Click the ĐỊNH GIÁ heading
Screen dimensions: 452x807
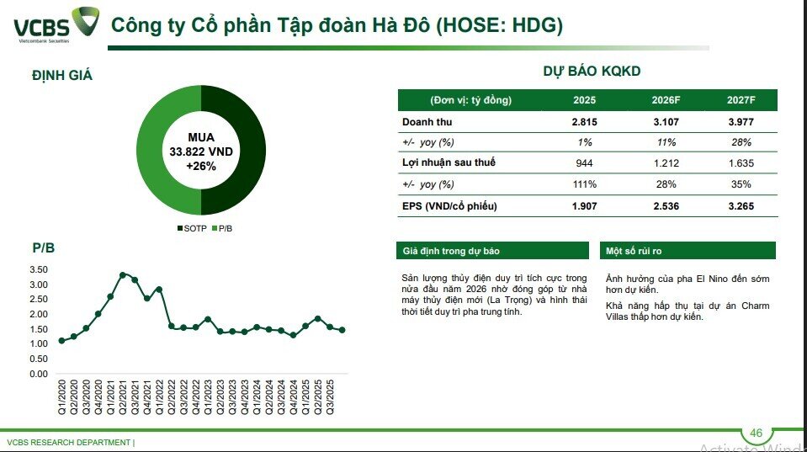click(x=62, y=76)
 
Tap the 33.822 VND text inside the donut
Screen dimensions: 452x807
click(x=201, y=152)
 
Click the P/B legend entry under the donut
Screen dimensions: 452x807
click(x=224, y=228)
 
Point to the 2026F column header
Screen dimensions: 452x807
click(x=666, y=100)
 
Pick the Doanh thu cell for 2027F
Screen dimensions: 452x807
click(x=741, y=121)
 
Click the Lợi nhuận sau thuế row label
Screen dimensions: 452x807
click(x=447, y=162)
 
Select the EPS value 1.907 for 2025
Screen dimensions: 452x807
click(x=585, y=205)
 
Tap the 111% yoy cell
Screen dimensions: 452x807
click(x=585, y=184)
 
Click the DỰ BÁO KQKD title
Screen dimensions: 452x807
click(x=592, y=72)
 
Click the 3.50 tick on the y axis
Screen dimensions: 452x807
click(x=38, y=269)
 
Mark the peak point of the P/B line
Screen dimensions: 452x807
click(x=123, y=274)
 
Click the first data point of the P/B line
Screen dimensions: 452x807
click(x=61, y=341)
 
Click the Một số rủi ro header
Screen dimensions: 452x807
click(x=634, y=251)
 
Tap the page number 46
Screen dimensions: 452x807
click(x=756, y=433)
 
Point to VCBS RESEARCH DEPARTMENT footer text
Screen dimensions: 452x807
click(x=69, y=442)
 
